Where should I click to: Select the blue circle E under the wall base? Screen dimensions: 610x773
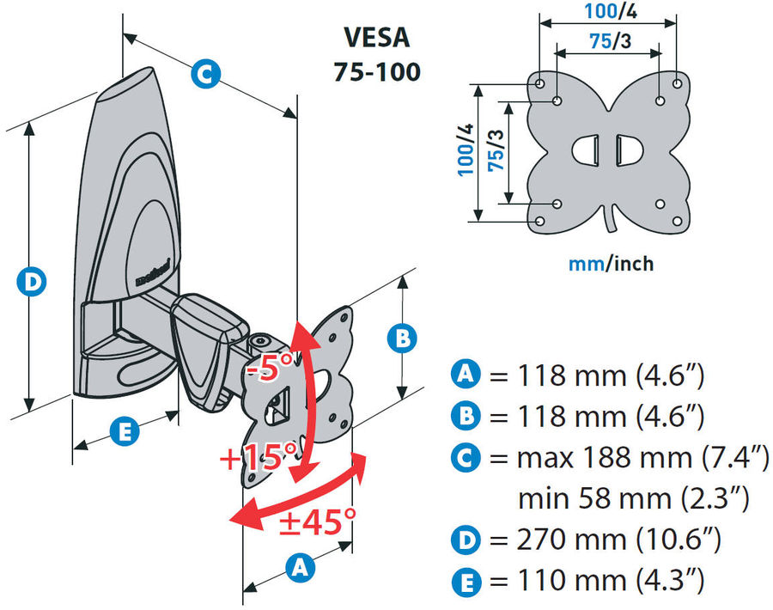coord(125,432)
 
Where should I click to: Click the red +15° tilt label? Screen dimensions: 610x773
coord(259,456)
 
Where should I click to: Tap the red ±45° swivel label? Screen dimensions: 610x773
coord(317,520)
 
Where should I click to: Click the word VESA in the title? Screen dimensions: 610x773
coord(376,39)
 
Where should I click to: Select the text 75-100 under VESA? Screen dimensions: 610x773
coord(377,70)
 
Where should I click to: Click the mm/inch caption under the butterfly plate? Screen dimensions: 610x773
coord(610,262)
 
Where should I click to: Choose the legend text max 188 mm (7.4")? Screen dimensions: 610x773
coord(642,458)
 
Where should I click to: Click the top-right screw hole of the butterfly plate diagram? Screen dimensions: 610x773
coord(677,83)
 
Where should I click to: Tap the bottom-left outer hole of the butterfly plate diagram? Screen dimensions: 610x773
coord(539,221)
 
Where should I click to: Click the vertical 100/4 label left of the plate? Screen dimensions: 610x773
coord(465,150)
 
